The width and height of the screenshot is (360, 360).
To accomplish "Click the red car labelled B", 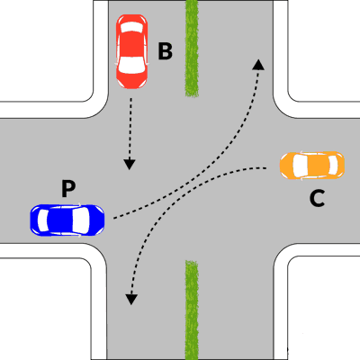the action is [x=131, y=51].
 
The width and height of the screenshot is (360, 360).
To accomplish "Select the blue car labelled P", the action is [x=67, y=220].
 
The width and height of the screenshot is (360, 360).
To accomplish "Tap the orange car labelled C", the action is [x=312, y=166].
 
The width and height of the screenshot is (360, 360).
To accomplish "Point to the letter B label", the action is [x=166, y=51].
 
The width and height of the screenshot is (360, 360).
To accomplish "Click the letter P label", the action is [x=68, y=188].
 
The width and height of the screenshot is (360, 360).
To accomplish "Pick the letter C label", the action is [x=317, y=199].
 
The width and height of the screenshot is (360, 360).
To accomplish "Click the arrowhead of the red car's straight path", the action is [x=130, y=165].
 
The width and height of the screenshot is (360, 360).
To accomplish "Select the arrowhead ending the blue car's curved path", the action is [x=258, y=65].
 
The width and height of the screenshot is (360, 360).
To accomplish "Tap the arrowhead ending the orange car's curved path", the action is [x=131, y=300].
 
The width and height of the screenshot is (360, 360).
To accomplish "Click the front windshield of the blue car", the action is [x=81, y=220].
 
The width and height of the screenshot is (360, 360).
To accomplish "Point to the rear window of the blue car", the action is [x=42, y=220].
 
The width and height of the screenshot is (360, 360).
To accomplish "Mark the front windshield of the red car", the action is [x=131, y=65].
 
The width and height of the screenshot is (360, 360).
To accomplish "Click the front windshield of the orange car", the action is [x=300, y=166].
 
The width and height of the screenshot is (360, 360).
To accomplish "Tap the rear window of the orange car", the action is [x=333, y=166].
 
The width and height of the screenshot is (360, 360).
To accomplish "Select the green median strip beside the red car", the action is [x=192, y=48].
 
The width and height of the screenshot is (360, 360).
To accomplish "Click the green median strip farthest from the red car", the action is [x=192, y=310].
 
